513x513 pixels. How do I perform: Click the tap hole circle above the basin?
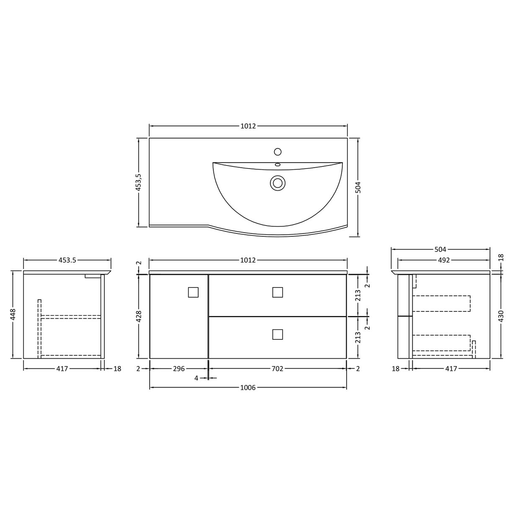[277, 151]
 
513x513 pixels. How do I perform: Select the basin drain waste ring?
[277, 182]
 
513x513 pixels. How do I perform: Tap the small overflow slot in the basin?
[277, 165]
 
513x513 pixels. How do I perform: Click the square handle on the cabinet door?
[193, 292]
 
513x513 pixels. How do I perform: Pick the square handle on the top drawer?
[277, 292]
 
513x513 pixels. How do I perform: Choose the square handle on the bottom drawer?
[277, 334]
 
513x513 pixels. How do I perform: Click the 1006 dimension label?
[248, 388]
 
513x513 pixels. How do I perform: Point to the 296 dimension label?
[179, 369]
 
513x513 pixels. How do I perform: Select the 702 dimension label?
[277, 369]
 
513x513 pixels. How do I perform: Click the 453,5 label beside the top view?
[139, 183]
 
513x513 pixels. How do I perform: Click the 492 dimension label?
[444, 260]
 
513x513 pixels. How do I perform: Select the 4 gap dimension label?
[196, 378]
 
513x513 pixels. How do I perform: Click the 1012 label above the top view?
[248, 126]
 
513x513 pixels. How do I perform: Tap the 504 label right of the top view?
[358, 187]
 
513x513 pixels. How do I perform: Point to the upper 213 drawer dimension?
[358, 295]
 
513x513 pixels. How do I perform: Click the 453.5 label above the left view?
[67, 260]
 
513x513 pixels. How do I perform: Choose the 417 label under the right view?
[451, 369]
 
